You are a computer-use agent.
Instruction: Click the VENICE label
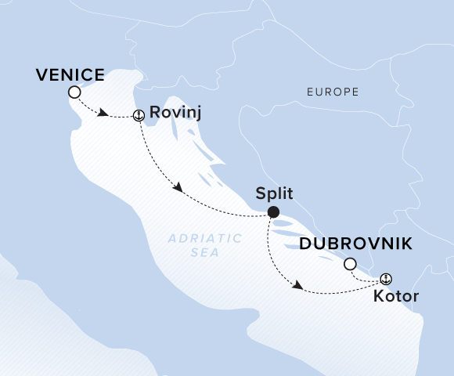tap(70, 74)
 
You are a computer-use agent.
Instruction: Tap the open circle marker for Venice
tap(74, 92)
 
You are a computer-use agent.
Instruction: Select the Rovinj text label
tap(175, 114)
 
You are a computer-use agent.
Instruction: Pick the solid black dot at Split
tap(273, 211)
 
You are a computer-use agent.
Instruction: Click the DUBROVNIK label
tap(356, 244)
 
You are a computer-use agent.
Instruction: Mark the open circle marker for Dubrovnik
tap(350, 264)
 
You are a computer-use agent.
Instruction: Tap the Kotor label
tap(395, 297)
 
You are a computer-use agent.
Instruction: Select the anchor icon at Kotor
tap(385, 279)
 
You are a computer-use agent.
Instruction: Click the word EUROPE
tap(333, 92)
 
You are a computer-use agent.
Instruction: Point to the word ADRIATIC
tap(193, 240)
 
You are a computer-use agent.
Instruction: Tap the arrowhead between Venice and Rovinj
tap(103, 114)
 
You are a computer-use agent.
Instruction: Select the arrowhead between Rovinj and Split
tap(179, 189)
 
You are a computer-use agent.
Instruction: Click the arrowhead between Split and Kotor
tap(297, 287)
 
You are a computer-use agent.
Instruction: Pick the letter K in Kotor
tap(378, 297)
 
